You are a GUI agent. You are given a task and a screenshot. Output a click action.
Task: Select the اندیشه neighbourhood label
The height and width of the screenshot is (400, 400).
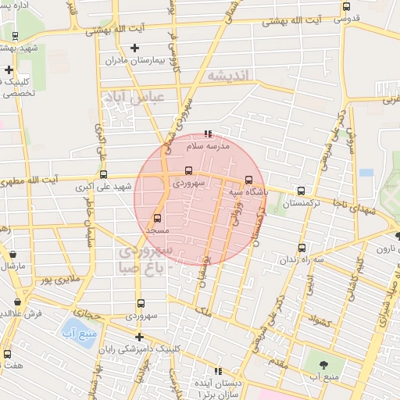coord(227,75)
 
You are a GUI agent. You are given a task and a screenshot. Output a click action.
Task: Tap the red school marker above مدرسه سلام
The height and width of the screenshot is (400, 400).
coord(207,134)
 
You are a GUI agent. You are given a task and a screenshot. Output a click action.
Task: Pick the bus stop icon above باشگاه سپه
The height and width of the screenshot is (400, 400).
coord(249,179)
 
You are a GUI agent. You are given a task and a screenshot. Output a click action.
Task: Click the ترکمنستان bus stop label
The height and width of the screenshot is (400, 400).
coord(302,203)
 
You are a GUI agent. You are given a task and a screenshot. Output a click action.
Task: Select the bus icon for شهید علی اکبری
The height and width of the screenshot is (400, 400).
coord(104,175)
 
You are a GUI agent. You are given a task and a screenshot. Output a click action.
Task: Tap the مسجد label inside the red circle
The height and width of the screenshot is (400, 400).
coord(157,231)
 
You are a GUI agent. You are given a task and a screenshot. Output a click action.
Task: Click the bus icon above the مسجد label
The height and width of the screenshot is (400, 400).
coord(157,218)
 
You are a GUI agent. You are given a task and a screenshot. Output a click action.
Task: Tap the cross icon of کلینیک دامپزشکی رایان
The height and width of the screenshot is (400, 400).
coord(139,337)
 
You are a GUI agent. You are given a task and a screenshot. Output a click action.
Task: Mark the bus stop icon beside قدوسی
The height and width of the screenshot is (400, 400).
coord(346,6)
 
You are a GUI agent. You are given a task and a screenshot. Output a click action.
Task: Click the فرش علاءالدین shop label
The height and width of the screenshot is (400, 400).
coord(34,312)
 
